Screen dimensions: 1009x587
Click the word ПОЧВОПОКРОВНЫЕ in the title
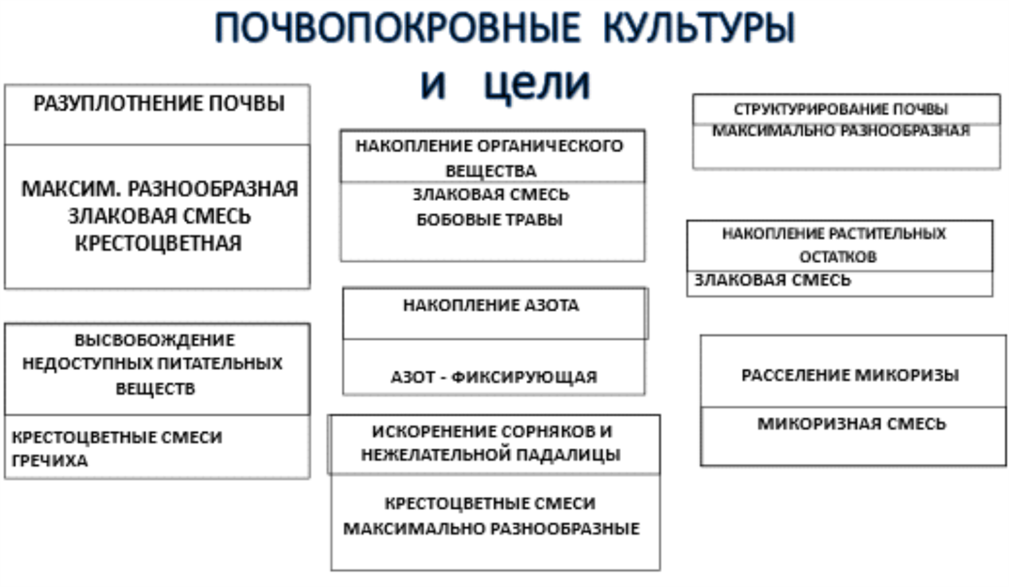tap(398, 28)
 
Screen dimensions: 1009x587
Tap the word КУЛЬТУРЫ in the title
tap(700, 29)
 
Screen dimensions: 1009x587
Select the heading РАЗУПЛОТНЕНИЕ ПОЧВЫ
tap(159, 104)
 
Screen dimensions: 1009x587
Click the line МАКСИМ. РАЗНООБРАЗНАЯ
tap(159, 189)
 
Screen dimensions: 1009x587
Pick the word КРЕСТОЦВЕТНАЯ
tap(158, 243)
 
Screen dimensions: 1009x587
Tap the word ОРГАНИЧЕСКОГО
tap(550, 146)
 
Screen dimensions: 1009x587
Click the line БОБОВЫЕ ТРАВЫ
tap(490, 220)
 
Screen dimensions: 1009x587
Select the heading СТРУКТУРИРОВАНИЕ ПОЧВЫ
tap(841, 109)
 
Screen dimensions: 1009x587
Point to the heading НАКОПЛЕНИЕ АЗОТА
tap(491, 305)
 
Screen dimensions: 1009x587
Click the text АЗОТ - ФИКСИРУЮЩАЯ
tap(494, 377)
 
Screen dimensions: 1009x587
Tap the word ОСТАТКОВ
tap(838, 257)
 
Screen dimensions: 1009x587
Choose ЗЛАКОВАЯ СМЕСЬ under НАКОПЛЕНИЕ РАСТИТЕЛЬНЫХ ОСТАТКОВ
tap(772, 280)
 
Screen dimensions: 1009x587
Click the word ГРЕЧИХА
tap(50, 461)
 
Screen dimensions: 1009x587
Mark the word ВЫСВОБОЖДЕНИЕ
tap(155, 340)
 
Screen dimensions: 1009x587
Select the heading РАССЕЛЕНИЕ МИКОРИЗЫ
tap(850, 375)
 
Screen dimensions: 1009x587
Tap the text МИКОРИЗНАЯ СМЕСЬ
tap(852, 424)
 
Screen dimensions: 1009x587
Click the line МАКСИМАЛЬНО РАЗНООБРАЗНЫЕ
tap(492, 529)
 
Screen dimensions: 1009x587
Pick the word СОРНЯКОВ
tap(545, 431)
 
